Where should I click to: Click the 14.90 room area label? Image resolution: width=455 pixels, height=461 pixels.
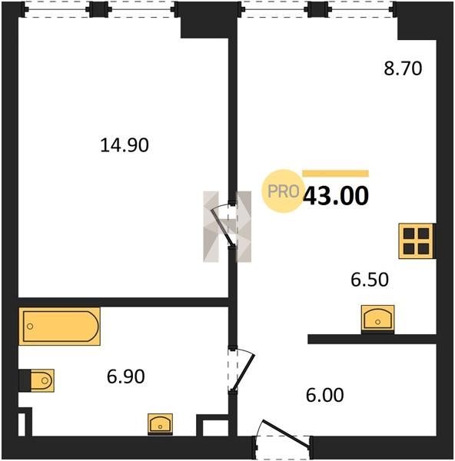point(125,145)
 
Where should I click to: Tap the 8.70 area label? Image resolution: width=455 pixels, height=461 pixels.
point(403,68)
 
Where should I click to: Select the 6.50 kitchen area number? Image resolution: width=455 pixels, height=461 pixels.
point(370,280)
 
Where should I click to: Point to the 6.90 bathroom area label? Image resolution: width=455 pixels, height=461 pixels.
point(125,376)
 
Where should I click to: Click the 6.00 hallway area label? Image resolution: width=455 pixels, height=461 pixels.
point(324,395)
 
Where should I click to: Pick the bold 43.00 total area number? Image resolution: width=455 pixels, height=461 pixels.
point(336,196)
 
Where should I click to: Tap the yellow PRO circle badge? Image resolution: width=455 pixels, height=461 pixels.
point(283,191)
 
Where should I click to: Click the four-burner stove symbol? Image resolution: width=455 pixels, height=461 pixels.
point(416,241)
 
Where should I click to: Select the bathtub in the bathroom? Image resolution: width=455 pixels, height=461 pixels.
point(60,327)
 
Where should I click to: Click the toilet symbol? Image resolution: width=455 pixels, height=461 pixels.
point(42,380)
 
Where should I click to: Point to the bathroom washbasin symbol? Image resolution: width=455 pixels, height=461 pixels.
point(160,424)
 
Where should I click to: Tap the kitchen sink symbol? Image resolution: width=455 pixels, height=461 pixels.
point(377,319)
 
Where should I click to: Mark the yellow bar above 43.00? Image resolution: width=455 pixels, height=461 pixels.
point(336,173)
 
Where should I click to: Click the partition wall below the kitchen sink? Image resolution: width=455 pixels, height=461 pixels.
point(372,339)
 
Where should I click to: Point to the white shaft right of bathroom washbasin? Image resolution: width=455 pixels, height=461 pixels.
point(215,428)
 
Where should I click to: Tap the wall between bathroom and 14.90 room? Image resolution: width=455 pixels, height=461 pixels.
point(124,302)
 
